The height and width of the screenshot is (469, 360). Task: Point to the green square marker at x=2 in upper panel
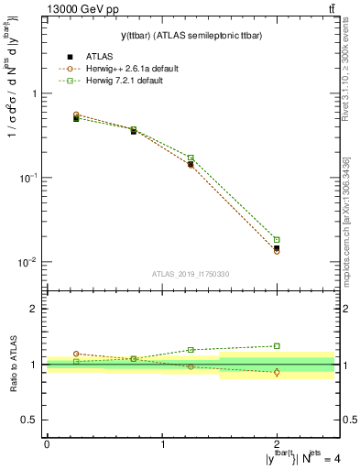pos(277,240)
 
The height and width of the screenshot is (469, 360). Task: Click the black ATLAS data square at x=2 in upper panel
pos(277,248)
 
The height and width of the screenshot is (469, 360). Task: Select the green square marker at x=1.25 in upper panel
pos(191,158)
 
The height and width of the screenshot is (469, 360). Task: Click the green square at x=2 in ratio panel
pos(277,345)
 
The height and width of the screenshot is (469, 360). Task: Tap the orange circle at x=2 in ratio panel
pos(277,372)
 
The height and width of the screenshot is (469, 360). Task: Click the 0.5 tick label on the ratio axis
pos(31,420)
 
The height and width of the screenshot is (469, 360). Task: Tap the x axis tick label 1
pos(162,444)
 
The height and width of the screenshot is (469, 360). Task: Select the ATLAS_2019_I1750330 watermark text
pos(191,274)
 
